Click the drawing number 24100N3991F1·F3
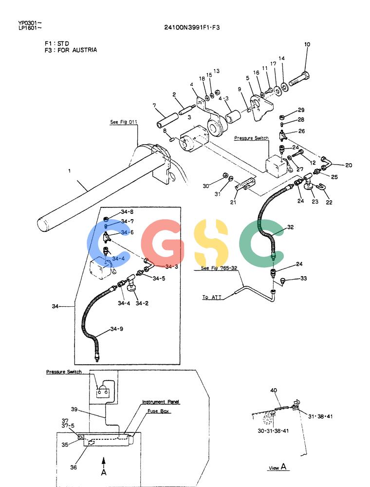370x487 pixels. click(192, 27)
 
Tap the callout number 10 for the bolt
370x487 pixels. click(307, 44)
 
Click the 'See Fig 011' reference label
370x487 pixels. click(124, 122)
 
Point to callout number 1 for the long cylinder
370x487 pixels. click(70, 170)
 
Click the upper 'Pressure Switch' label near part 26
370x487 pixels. click(251, 138)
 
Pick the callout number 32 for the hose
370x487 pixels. click(290, 227)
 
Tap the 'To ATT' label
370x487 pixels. click(212, 297)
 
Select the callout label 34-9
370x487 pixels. click(117, 329)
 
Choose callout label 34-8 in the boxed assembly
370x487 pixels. click(127, 212)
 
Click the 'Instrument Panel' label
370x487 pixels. click(161, 402)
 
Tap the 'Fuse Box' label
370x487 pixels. click(158, 411)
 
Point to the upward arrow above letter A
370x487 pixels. click(104, 462)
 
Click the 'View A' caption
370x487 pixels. click(277, 468)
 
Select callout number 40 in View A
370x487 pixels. click(274, 391)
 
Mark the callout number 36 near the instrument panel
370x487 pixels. click(74, 467)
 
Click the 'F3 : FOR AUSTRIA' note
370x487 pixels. click(71, 50)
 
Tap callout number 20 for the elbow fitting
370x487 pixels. click(349, 165)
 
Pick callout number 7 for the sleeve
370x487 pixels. click(155, 106)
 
